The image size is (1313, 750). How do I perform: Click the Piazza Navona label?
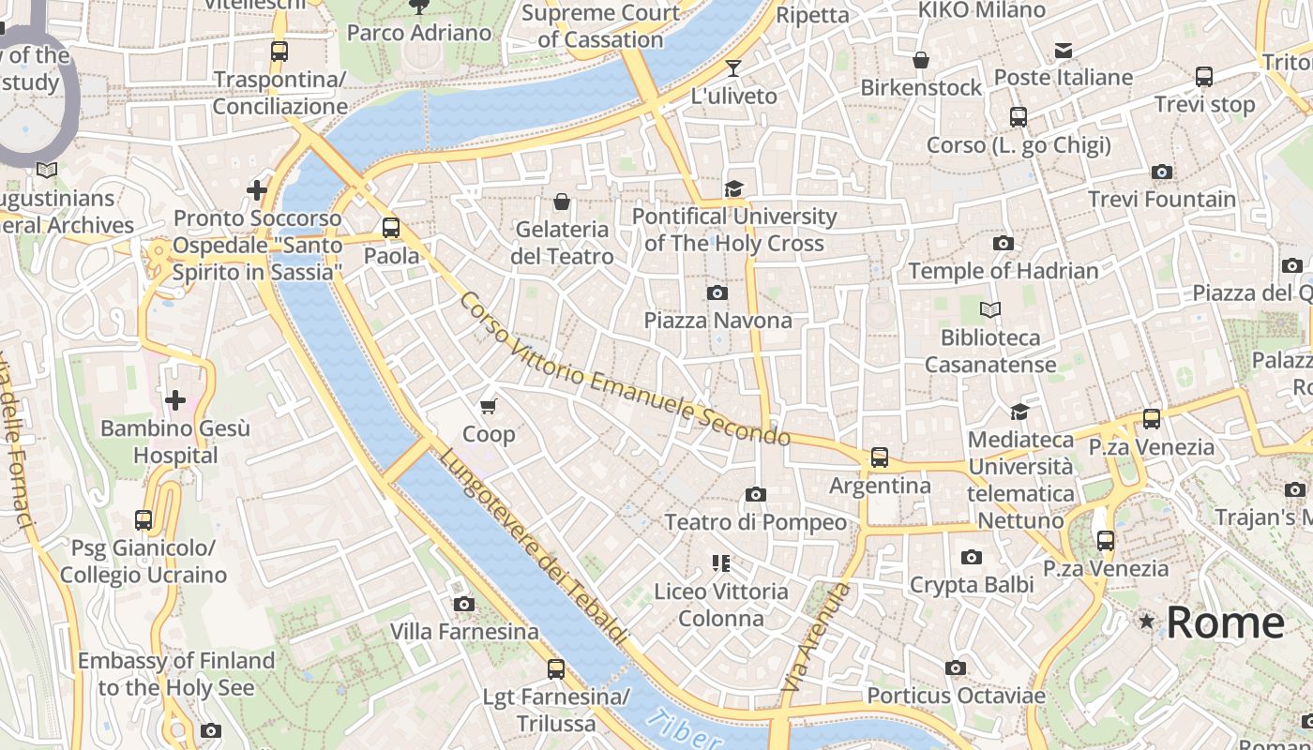coord(717,321)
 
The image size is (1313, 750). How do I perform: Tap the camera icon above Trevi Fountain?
coord(1161,172)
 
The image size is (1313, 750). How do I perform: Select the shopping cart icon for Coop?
coord(488,406)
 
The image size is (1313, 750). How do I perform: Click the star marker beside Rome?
coord(1146,622)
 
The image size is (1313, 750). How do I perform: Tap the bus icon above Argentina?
coord(879,457)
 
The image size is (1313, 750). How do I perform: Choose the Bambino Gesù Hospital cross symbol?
coord(174,401)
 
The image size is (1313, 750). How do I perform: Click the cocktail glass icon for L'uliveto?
coord(733,67)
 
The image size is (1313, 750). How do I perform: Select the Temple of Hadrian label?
coord(1003,272)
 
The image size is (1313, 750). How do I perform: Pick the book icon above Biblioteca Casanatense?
coord(989,309)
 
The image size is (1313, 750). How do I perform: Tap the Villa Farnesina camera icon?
coord(463,604)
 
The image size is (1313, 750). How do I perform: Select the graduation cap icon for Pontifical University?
coord(733,189)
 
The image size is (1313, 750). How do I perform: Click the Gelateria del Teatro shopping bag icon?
coord(562,202)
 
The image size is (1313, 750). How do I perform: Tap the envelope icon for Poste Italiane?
coord(1063,50)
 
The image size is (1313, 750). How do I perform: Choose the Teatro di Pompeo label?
coord(755,522)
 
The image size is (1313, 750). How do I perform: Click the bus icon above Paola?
coord(391,228)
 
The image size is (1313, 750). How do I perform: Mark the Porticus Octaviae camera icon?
coord(955,668)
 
